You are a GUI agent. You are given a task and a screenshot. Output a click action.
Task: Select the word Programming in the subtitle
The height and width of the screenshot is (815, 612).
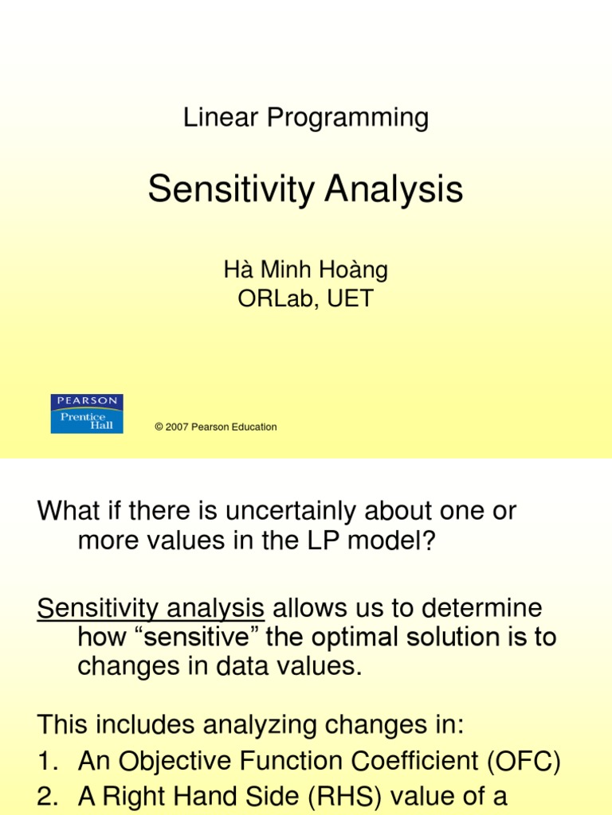tap(347, 119)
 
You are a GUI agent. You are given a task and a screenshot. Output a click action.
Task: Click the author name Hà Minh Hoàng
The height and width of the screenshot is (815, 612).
tap(305, 270)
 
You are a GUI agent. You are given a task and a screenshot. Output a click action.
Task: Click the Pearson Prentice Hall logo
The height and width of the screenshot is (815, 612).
tap(87, 414)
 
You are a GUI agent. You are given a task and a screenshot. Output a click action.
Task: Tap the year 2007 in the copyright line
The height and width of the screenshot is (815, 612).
tap(176, 427)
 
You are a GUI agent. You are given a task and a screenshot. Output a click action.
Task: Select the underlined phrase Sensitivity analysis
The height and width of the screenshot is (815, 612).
tap(151, 609)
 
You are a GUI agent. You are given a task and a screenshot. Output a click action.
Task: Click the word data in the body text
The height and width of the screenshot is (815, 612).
tap(250, 666)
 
